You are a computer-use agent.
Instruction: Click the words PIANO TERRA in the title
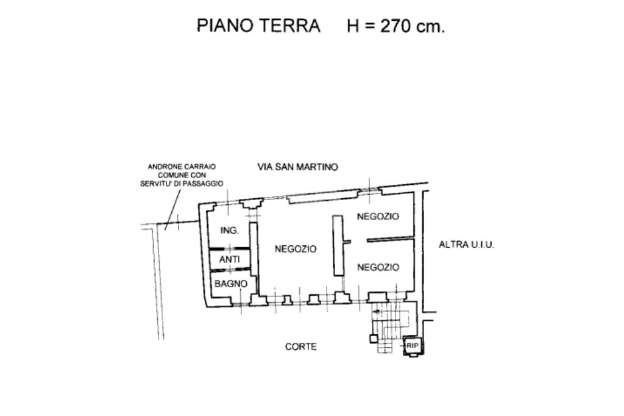(x=258, y=26)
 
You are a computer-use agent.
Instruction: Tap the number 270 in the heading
(x=397, y=26)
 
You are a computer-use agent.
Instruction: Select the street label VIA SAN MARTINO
(x=297, y=167)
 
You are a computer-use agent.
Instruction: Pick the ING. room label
(x=229, y=231)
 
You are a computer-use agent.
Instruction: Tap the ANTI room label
(x=229, y=259)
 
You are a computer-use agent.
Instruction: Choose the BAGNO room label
(x=230, y=284)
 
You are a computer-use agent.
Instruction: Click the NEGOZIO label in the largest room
(x=296, y=249)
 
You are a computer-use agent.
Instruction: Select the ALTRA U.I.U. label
(x=466, y=245)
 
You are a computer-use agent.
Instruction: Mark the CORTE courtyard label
(x=300, y=346)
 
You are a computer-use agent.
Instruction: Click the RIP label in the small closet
(x=413, y=346)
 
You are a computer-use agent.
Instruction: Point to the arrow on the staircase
(x=379, y=312)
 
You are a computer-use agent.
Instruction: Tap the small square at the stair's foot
(x=372, y=337)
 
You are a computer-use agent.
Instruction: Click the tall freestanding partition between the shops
(x=337, y=245)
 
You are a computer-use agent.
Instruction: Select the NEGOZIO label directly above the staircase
(x=378, y=267)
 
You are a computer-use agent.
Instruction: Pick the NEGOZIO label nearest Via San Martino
(x=378, y=217)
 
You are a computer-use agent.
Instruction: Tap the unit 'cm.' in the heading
(x=431, y=26)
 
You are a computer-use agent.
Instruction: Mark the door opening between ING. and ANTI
(x=229, y=248)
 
